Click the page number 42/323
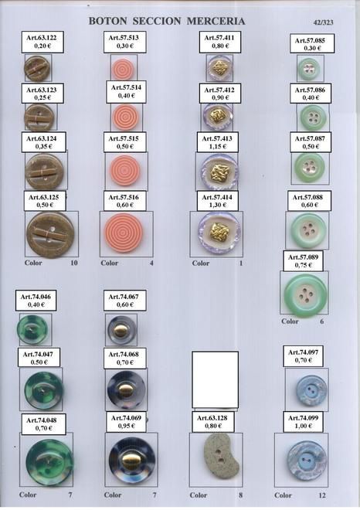323,22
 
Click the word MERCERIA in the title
216,21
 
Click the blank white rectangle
215,379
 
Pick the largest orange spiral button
124,233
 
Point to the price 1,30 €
218,206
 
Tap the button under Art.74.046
32,330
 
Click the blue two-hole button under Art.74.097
311,391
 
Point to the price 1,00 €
303,426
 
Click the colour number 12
321,495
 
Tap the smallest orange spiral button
123,70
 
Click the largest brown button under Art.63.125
50,235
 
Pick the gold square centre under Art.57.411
220,68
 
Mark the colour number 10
74,263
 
